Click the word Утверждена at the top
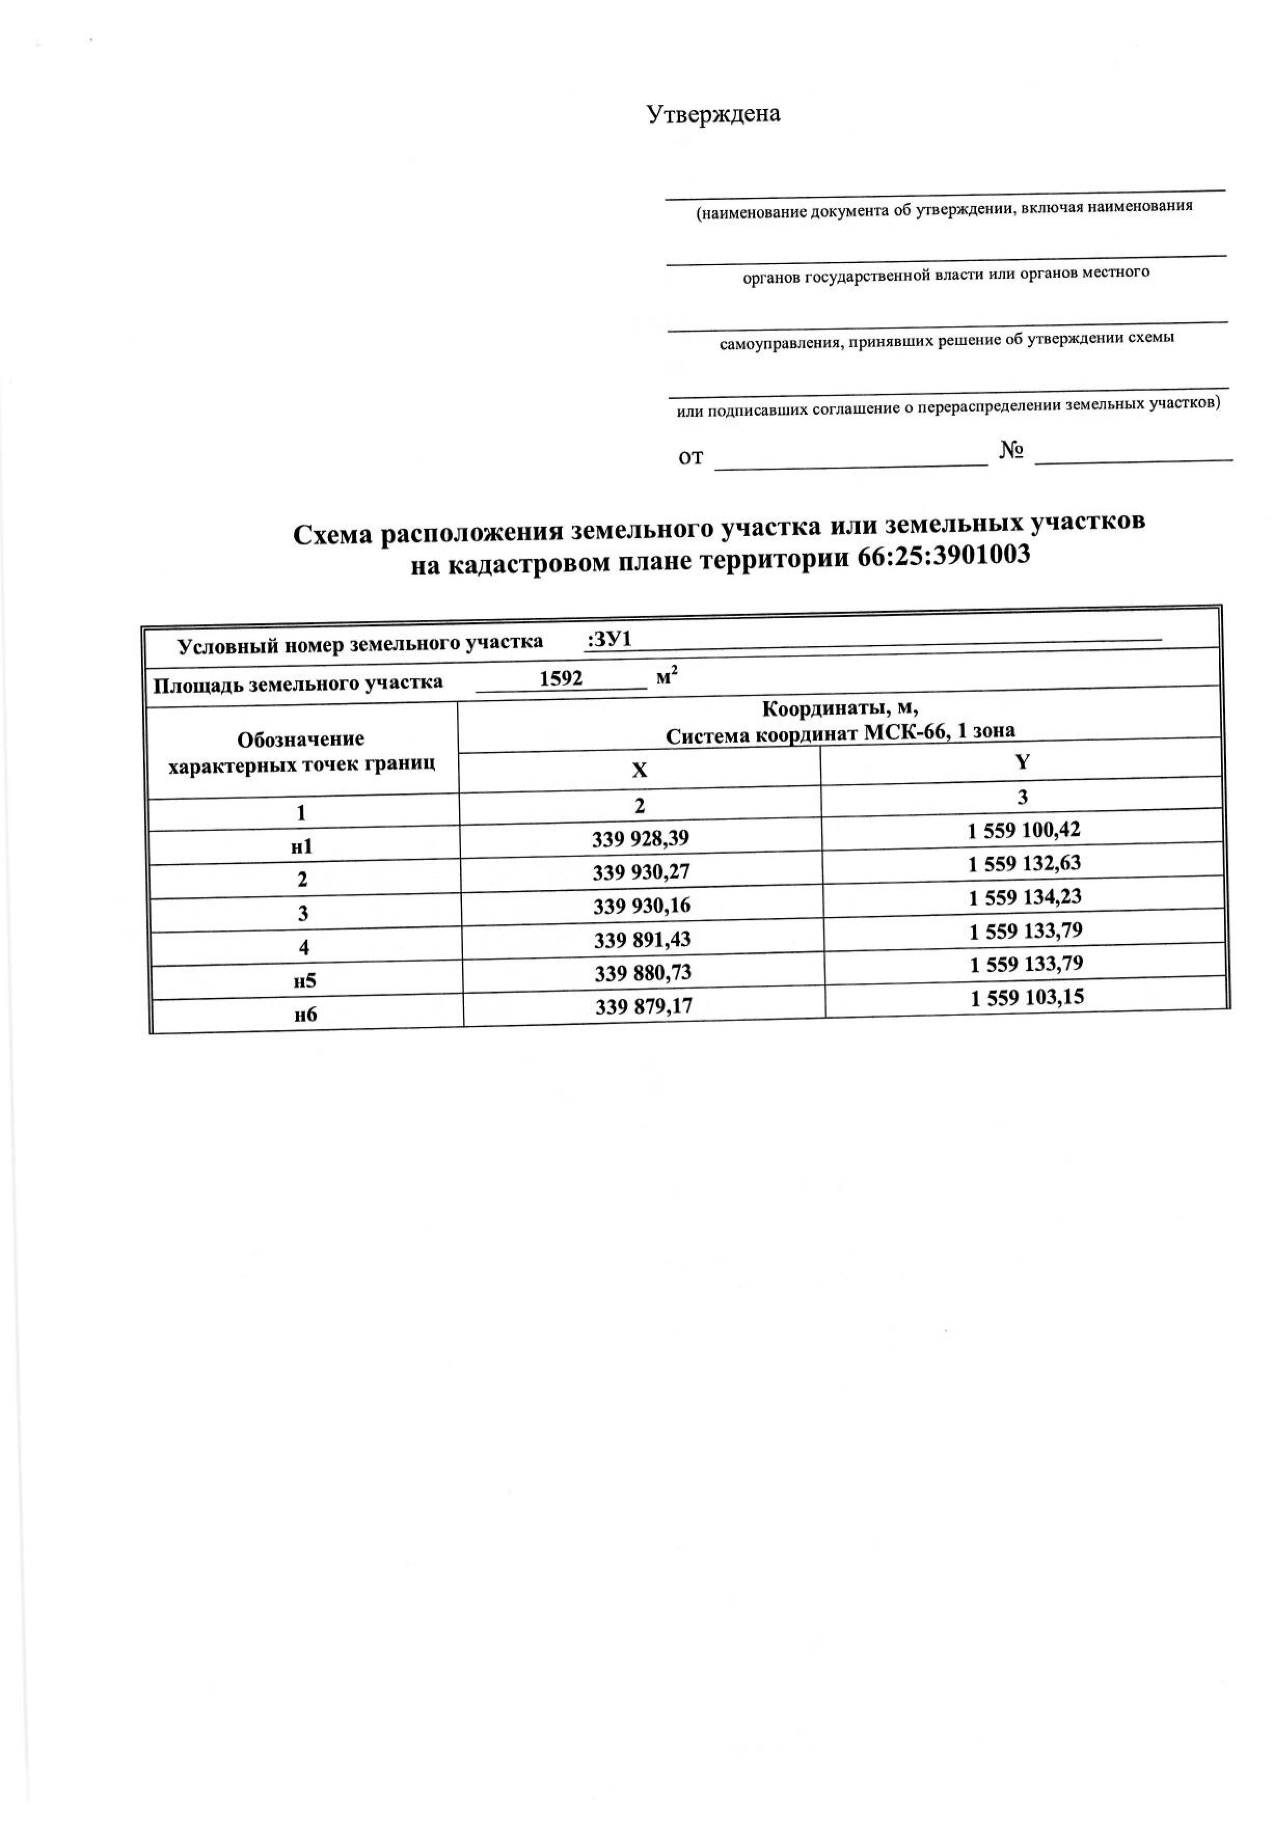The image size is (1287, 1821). [714, 114]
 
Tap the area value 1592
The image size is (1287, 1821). [561, 679]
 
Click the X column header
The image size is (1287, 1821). [639, 771]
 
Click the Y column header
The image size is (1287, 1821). [1022, 762]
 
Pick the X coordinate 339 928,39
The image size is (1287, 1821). [641, 838]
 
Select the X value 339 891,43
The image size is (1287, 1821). [642, 940]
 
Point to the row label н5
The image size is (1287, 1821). [305, 981]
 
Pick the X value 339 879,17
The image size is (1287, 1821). [644, 1007]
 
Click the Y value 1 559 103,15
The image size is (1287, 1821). [1027, 998]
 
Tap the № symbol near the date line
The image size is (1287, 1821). [1011, 451]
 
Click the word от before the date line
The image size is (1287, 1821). [690, 458]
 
